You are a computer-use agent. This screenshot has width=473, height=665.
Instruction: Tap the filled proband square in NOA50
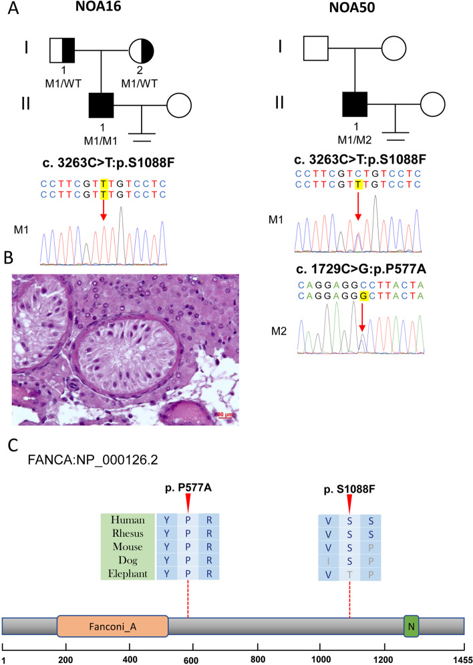coord(355,105)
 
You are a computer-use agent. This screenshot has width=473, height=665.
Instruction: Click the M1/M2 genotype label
coord(355,141)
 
